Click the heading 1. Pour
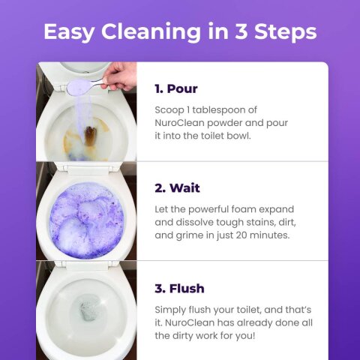click(176, 88)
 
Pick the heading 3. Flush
click(179, 288)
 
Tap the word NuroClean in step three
click(191, 322)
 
